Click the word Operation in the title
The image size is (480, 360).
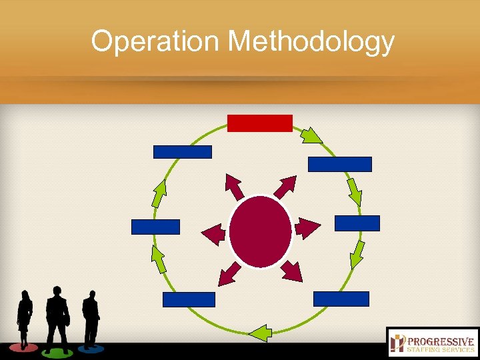155,41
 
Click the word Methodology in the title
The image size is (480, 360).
311,43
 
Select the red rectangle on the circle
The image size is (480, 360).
259,123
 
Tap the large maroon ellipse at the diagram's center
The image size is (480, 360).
260,231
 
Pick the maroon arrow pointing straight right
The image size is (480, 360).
307,228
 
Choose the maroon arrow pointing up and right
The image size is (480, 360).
285,187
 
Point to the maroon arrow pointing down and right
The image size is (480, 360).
291,271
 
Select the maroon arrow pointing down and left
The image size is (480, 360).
229,272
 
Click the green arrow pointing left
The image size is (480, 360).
261,332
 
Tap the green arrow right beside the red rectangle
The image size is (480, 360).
310,135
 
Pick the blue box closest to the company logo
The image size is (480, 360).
341,299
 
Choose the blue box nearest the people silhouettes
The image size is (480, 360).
189,299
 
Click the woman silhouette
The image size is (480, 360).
25,318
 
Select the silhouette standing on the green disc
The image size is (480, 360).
57,317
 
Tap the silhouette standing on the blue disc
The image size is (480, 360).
90,319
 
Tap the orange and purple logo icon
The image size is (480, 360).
399,343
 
